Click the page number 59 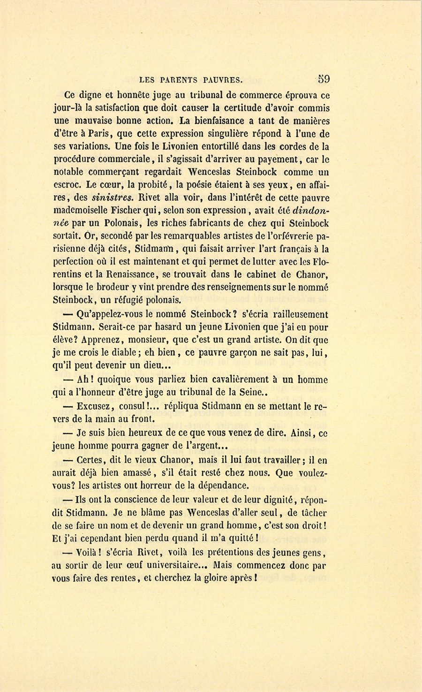(323, 79)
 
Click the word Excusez (93, 406)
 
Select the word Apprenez (103, 340)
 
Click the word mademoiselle (82, 210)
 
